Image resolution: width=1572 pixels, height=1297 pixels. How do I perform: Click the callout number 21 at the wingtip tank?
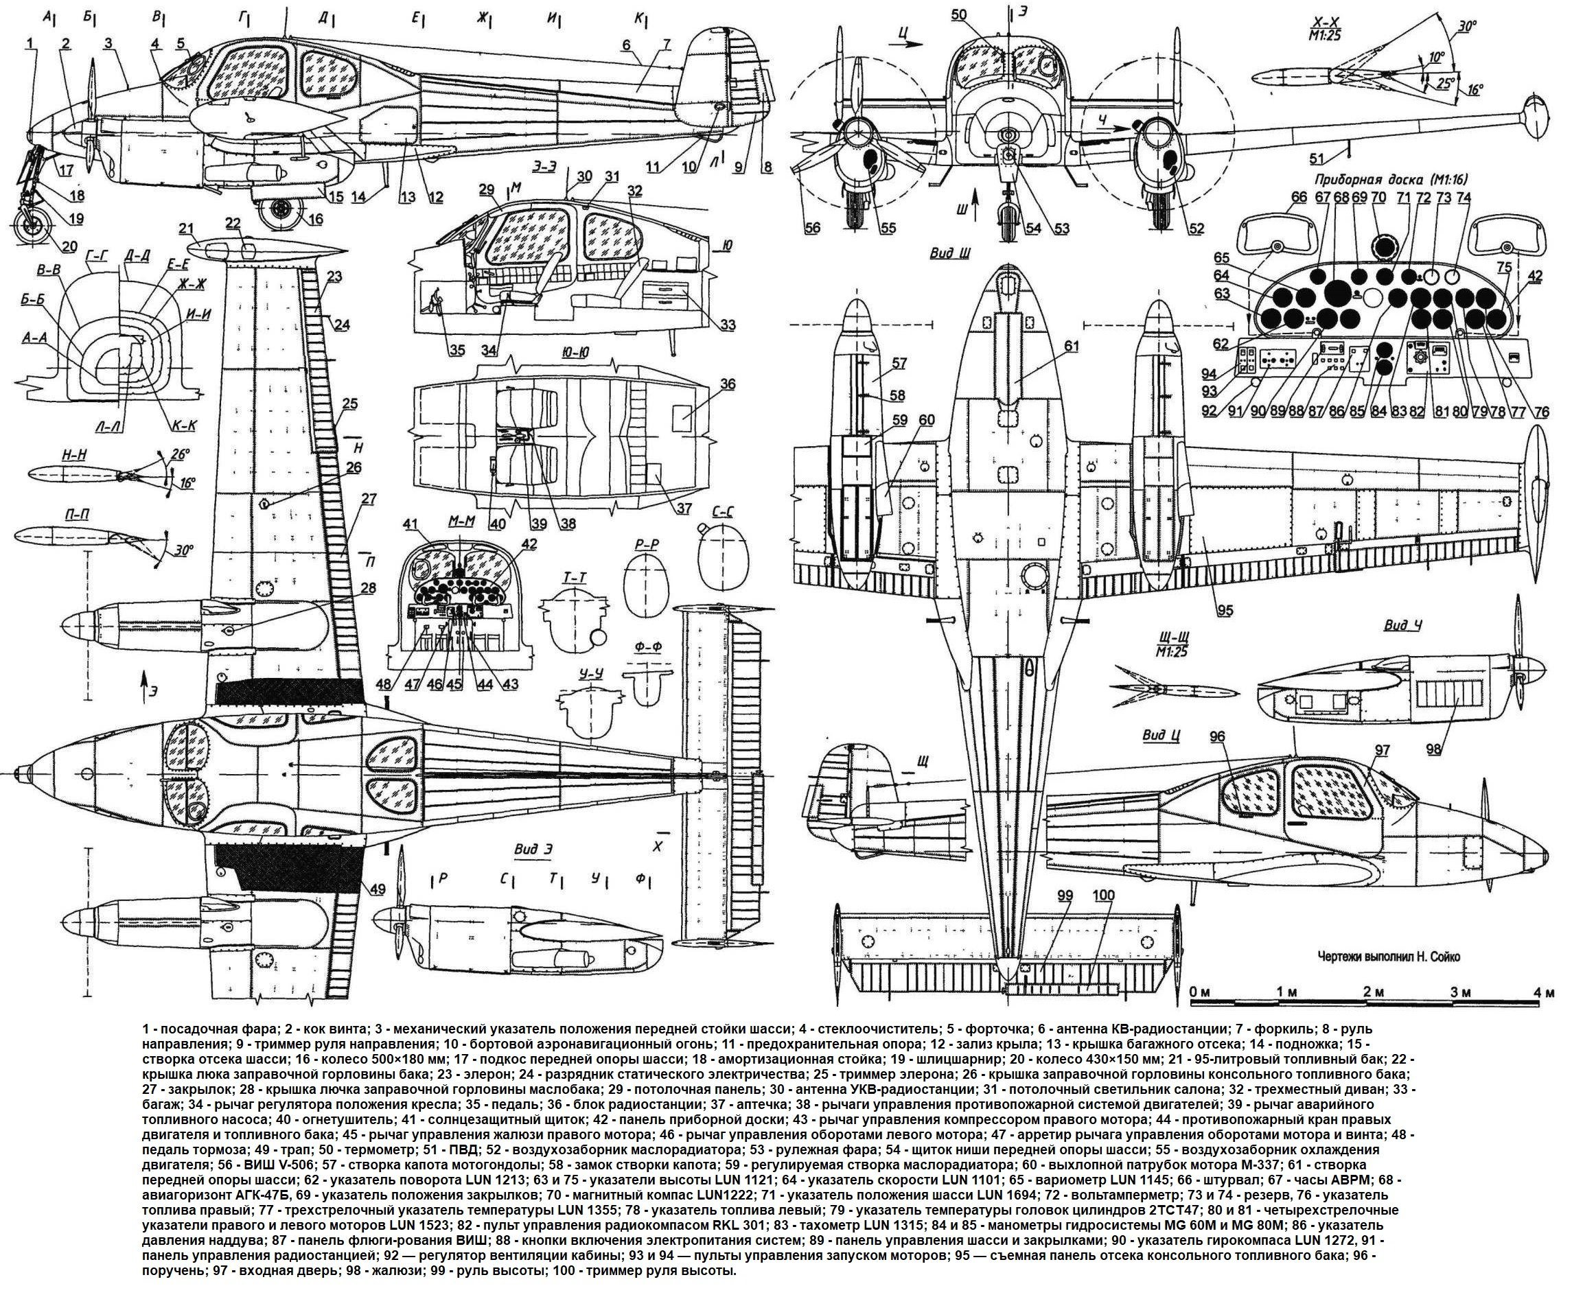click(185, 228)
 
